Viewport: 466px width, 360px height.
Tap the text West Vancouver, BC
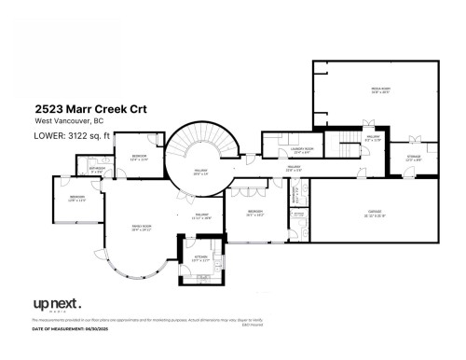(x=65, y=122)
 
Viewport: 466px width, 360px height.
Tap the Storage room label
(x=414, y=158)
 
